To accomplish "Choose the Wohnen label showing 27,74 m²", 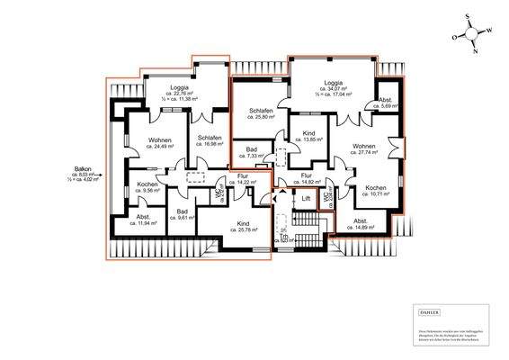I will pos(364,149).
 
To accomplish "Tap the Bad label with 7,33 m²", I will pos(246,152).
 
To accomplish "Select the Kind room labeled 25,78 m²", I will pos(243,226).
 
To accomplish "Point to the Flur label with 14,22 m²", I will pos(242,178).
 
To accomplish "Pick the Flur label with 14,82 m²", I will pos(307,178).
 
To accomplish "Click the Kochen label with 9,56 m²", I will pos(147,186).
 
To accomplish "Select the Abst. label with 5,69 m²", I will pos(385,103).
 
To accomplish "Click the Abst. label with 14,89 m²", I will pos(361,223).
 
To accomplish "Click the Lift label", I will pos(306,199).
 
